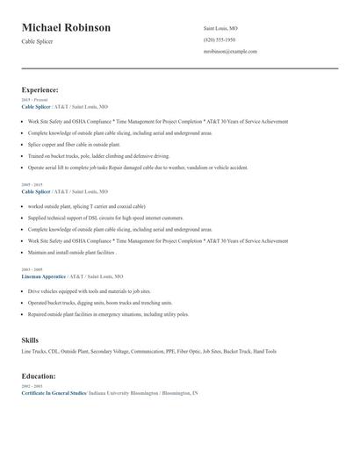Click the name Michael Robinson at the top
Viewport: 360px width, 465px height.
(x=66, y=28)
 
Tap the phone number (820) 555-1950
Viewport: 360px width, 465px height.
(x=219, y=40)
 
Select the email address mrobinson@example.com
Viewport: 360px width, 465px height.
(x=229, y=52)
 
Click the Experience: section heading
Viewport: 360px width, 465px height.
(x=40, y=89)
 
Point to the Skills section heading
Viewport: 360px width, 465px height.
(x=30, y=339)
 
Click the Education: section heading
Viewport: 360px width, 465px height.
(x=39, y=376)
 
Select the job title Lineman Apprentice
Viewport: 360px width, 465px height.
(x=43, y=275)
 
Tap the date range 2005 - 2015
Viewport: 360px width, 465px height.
(x=32, y=185)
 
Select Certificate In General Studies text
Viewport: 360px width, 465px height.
(x=54, y=392)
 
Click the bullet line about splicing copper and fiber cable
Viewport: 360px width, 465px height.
(x=73, y=144)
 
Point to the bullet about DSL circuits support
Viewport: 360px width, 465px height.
(x=105, y=218)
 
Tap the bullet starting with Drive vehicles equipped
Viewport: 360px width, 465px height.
(x=89, y=290)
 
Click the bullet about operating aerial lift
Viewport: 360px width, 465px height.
(x=137, y=167)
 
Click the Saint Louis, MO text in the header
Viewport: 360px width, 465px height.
(x=220, y=28)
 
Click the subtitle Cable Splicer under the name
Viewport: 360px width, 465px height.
(x=38, y=41)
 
